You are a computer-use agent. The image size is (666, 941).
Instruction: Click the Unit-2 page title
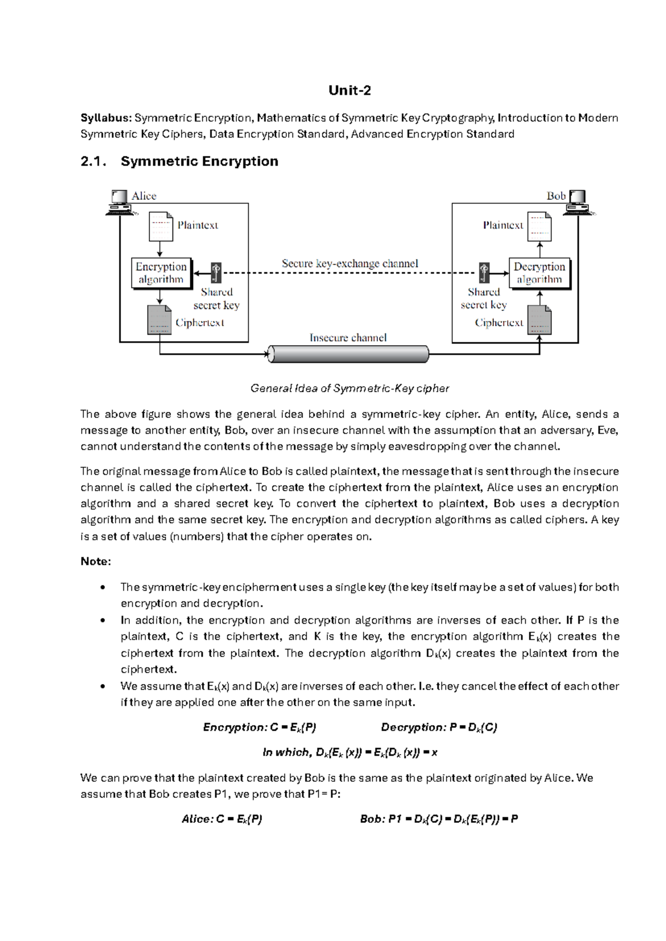[349, 90]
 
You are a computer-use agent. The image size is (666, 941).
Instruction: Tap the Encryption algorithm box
[161, 273]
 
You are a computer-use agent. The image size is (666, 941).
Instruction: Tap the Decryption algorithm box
[539, 273]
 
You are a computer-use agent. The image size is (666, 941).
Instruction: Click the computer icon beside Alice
[119, 203]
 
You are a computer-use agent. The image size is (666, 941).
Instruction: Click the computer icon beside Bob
[578, 203]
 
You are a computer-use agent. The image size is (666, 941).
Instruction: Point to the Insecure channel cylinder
[349, 354]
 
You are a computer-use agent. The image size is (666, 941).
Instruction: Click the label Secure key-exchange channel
[350, 264]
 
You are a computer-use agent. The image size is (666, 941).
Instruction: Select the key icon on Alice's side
[216, 273]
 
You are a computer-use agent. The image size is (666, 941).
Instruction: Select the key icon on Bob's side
[485, 272]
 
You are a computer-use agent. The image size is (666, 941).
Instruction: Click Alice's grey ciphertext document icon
[159, 320]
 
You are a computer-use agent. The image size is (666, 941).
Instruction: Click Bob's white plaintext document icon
[539, 226]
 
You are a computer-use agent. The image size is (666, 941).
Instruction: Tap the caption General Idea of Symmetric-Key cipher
[350, 388]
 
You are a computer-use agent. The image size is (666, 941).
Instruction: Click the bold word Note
[95, 561]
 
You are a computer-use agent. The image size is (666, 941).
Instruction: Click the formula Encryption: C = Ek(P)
[259, 727]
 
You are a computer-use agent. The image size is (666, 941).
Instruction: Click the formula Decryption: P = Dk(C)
[438, 727]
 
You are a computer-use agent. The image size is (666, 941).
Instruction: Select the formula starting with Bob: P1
[438, 819]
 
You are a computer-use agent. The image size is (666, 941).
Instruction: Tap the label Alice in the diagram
[144, 196]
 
